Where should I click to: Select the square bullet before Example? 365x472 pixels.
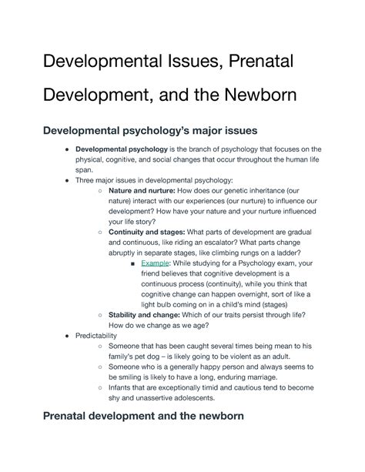click(x=134, y=263)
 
